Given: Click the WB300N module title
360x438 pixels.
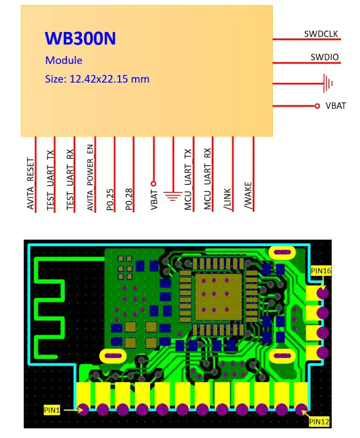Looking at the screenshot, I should click(80, 39).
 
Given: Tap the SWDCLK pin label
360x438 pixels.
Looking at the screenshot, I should click(321, 34).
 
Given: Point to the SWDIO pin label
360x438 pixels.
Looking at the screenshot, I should click(324, 57).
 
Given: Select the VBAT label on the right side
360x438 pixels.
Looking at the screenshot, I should click(336, 106).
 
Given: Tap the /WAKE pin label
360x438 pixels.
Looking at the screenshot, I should click(248, 196).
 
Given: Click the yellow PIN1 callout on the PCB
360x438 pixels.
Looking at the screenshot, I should click(52, 409).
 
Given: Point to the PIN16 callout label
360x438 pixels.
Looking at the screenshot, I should click(322, 270).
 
